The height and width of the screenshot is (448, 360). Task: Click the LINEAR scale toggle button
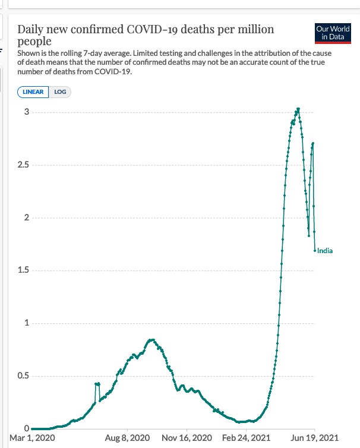point(33,92)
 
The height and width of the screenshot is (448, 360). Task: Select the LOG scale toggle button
point(60,92)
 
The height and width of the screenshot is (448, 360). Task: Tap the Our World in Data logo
point(333,33)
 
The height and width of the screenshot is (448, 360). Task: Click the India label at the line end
point(325,251)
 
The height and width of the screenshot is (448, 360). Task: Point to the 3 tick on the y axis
point(26,112)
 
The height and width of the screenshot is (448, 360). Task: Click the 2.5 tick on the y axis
point(23,165)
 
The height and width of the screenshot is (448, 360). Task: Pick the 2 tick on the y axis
point(26,218)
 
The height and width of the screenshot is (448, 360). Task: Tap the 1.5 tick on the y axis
point(23,271)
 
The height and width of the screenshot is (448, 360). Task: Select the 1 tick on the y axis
point(26,323)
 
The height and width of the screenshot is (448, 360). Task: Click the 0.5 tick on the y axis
point(23,376)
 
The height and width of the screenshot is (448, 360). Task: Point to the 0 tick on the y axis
point(26,429)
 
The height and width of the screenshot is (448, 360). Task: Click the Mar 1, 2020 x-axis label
point(32,438)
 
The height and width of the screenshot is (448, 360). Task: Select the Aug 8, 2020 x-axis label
point(127,438)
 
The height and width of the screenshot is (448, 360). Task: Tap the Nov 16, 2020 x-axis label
point(187,438)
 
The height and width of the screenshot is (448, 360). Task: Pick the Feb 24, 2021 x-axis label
point(246,438)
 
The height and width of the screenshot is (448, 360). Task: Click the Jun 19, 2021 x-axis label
point(314,438)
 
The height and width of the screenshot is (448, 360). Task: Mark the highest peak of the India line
point(298,109)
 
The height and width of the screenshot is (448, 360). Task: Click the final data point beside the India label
point(315,251)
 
